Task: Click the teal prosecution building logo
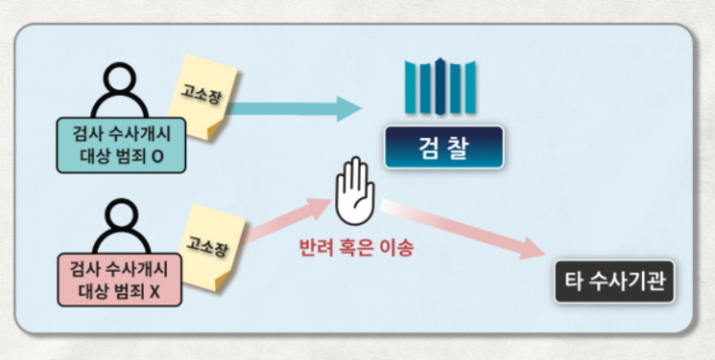click(x=441, y=85)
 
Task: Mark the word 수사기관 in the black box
click(x=629, y=282)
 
